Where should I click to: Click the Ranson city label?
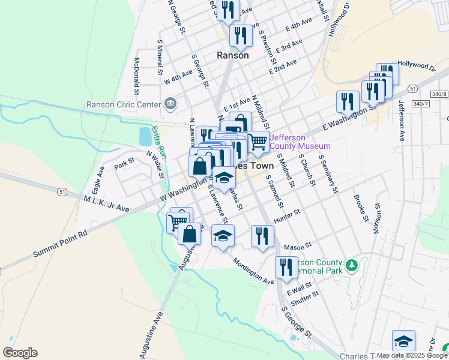coord(232,55)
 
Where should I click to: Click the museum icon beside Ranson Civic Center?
coord(171,104)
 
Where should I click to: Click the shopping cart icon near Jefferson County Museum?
coord(258,142)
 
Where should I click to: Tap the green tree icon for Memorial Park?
coord(352,264)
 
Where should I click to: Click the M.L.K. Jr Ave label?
coord(107,203)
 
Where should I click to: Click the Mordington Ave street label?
coord(253,272)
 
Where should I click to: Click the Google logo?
coord(20,353)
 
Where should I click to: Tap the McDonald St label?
coord(137,76)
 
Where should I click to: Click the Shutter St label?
coord(304,296)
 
